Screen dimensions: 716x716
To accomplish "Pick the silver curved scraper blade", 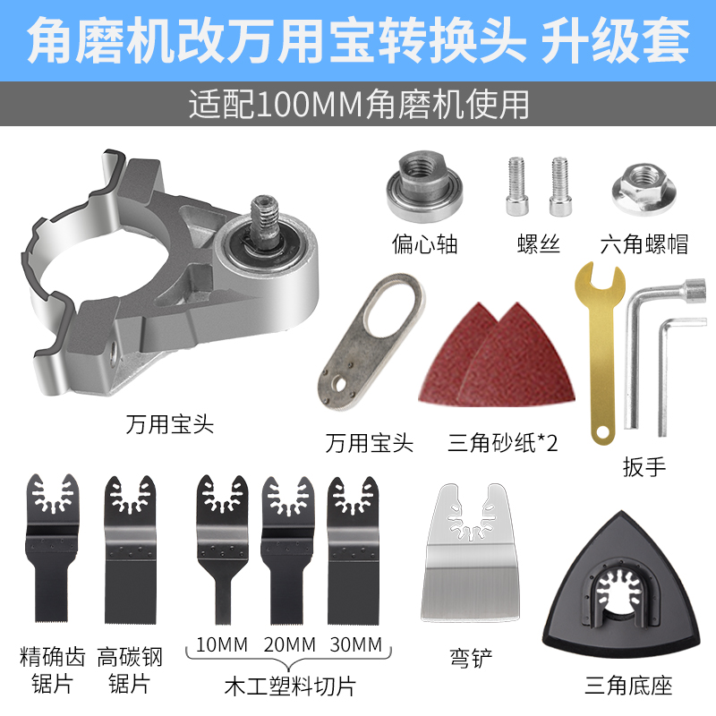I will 471,556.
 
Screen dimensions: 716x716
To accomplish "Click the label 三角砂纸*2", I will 501,442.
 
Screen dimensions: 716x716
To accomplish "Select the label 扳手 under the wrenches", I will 645,466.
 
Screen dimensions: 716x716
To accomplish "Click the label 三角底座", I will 627,686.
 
